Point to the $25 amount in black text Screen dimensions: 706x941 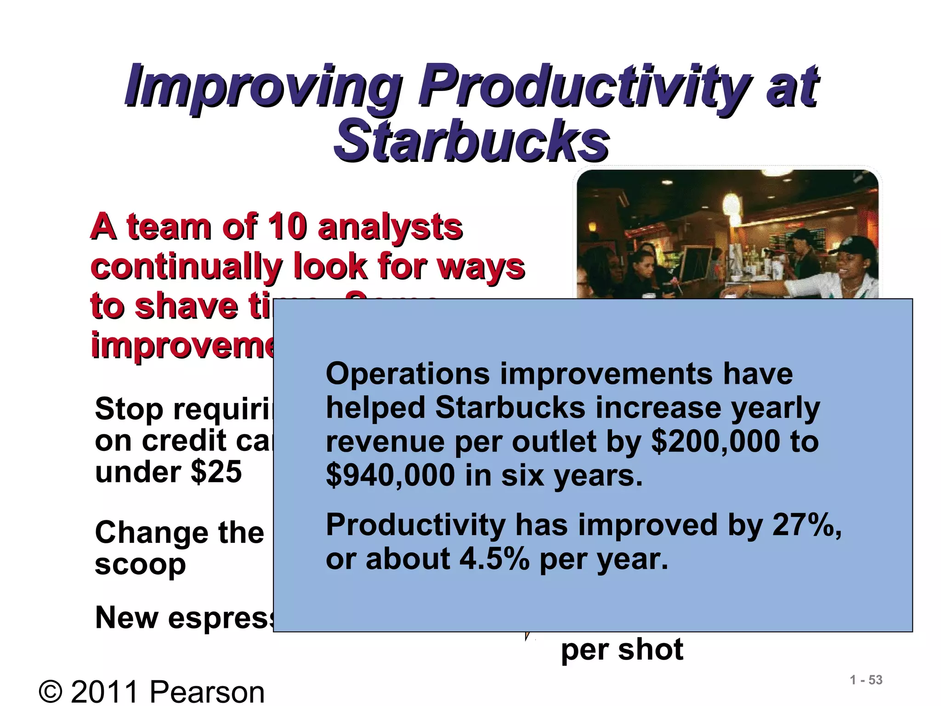[x=216, y=472]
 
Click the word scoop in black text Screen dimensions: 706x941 [x=140, y=565]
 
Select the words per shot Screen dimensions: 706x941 [x=622, y=649]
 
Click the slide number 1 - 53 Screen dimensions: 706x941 [x=866, y=680]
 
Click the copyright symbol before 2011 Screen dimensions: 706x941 [x=51, y=692]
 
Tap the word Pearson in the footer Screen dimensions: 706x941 [x=207, y=692]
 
